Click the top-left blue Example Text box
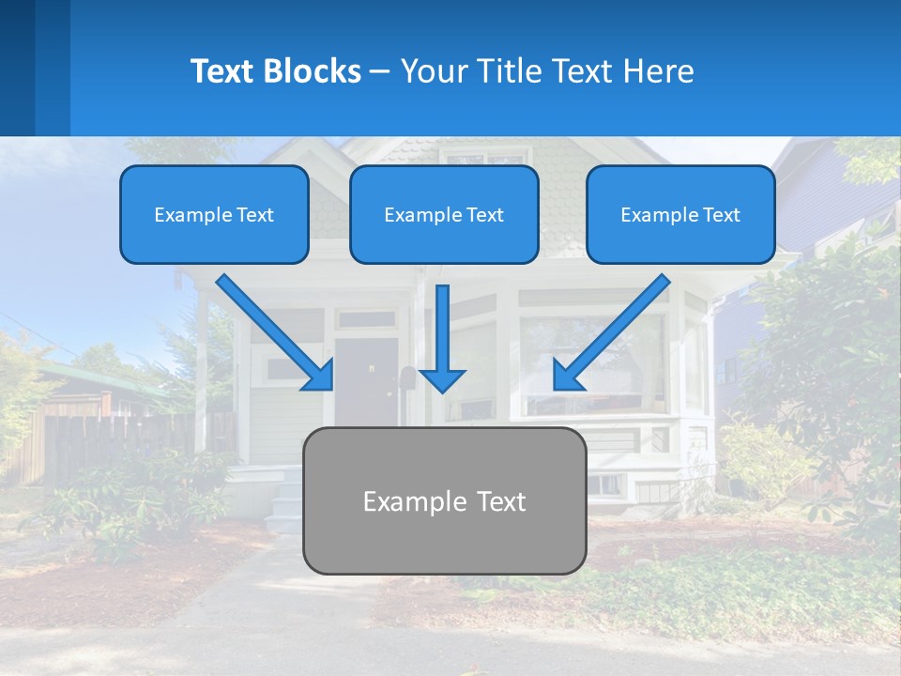214,214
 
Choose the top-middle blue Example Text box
444,214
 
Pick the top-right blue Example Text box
680,214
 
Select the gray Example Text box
444,500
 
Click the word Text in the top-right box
721,214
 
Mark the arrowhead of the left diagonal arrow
319,376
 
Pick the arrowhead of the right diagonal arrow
568,376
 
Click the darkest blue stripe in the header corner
17,68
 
